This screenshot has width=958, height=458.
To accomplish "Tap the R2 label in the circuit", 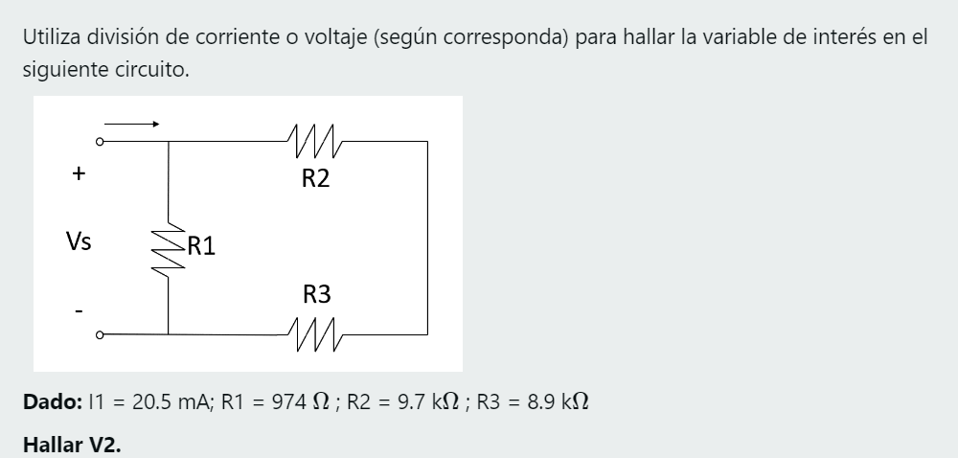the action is click(316, 178).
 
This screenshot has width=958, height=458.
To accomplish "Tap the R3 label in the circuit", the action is click(316, 295).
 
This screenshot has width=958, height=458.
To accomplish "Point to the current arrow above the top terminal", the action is click(130, 123).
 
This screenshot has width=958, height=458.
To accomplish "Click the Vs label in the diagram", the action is click(79, 241).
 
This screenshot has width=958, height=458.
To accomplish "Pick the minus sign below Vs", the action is click(80, 309).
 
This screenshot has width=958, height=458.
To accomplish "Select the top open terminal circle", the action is click(100, 141).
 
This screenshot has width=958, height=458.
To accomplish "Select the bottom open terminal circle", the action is click(100, 334).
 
